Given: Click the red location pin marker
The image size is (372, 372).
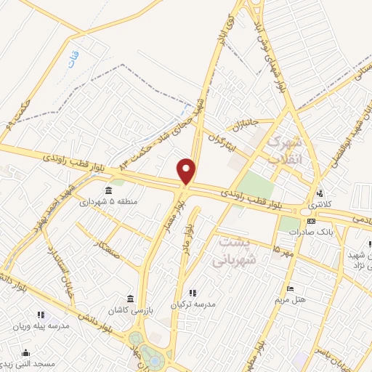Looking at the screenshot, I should coord(187,171).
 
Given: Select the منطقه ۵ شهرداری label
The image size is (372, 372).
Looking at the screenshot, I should coord(108,201).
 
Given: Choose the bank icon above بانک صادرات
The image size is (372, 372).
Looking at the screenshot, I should coord(311,221).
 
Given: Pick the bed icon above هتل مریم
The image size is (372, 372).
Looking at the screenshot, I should coord(291,288).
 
